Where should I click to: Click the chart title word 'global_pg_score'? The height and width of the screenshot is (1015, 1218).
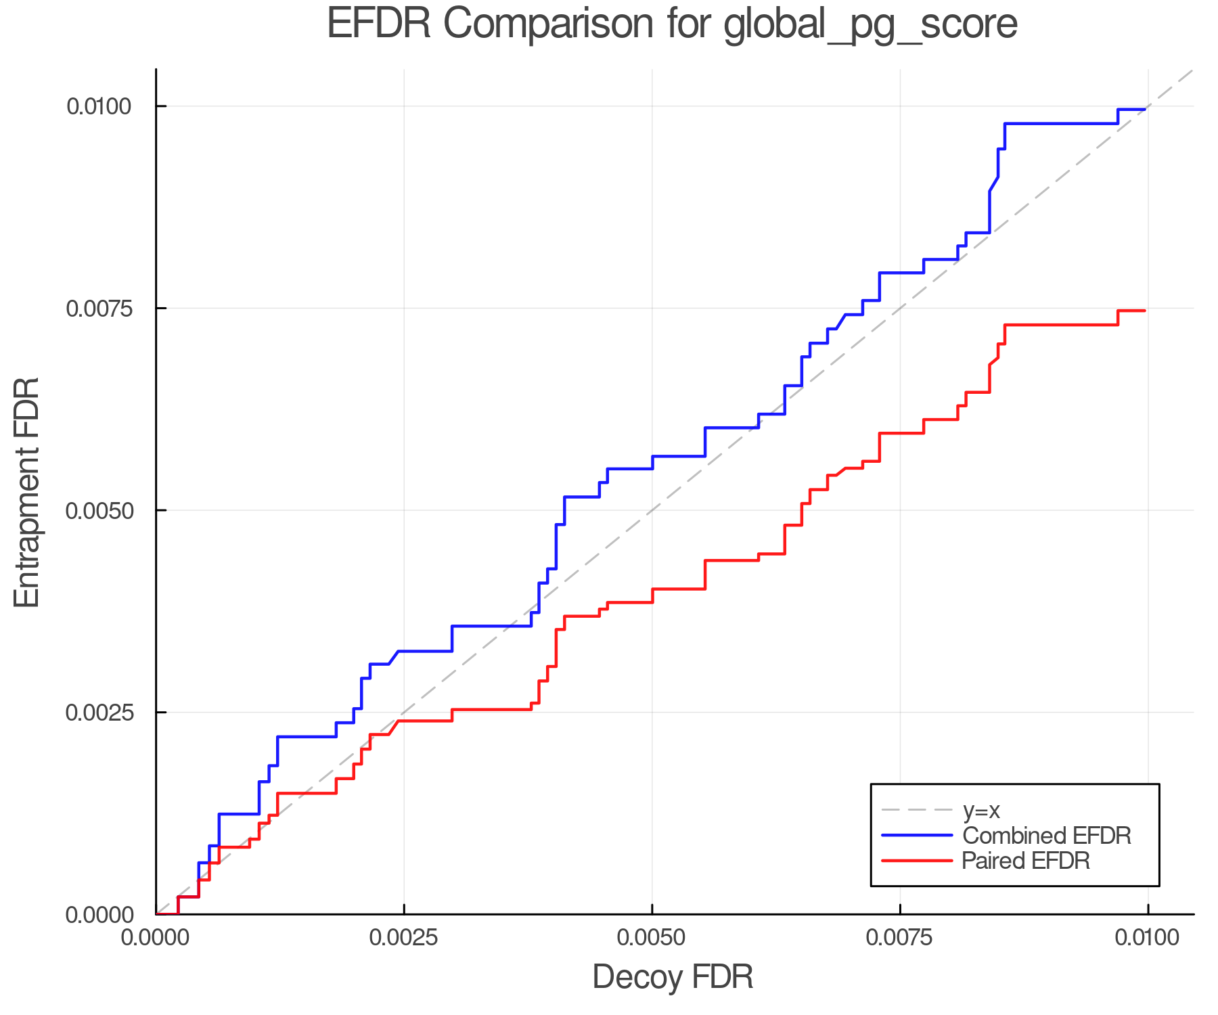coord(870,24)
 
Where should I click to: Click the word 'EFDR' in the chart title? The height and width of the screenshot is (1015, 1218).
coord(379,24)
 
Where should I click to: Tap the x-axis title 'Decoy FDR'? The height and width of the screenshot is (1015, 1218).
coord(673,977)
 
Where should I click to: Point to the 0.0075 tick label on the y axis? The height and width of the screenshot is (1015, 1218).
coord(99,309)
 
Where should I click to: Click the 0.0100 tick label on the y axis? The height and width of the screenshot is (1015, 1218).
coord(99,106)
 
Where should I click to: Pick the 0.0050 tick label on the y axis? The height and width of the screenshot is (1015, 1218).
coord(99,510)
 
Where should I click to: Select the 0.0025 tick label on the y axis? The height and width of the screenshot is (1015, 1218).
coord(99,713)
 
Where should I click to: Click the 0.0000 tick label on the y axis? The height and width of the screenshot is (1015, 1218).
coord(99,915)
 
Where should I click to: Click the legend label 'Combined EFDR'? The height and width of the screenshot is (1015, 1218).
coord(1047,836)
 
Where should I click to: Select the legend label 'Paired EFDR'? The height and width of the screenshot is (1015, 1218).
coord(1026,861)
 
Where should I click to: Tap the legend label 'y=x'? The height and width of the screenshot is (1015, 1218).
coord(980,810)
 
